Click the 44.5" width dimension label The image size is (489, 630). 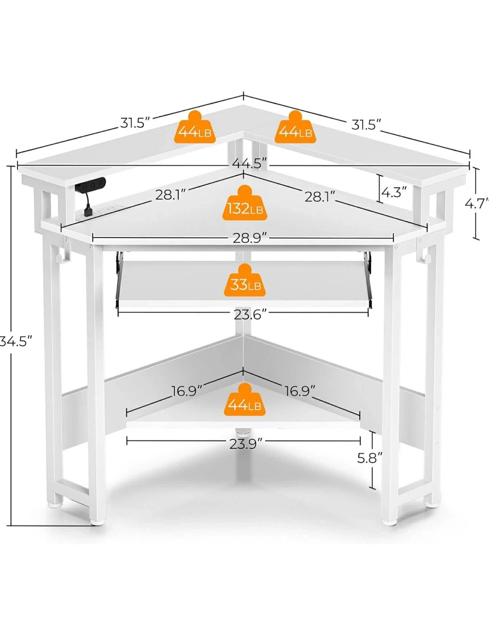pos(250,164)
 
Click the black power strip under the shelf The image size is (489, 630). pos(90,184)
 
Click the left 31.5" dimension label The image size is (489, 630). pos(135,122)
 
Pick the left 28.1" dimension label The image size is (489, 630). pos(170,195)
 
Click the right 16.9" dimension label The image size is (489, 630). pos(299,391)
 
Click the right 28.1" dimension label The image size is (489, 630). pos(320,197)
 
